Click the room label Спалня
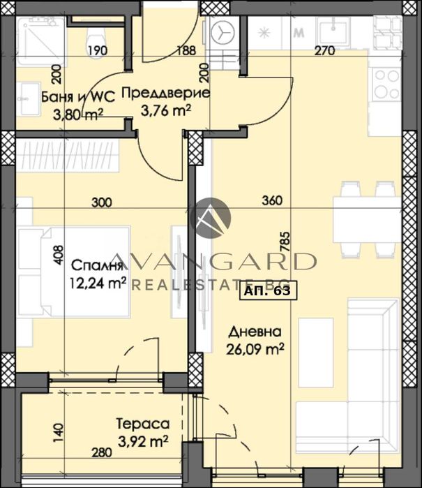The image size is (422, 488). point(97,265)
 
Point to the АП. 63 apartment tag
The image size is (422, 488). point(269,293)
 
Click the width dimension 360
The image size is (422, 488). point(271,201)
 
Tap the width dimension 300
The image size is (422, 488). point(102,202)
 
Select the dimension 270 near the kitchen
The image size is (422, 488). point(325,50)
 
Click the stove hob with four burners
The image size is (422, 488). point(386,82)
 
